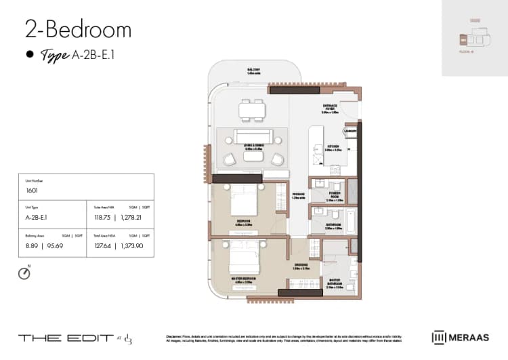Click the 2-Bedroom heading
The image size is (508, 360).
[78, 30]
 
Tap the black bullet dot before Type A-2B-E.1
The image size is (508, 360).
[30, 56]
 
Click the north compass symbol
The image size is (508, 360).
[25, 274]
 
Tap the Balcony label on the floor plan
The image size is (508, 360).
[253, 70]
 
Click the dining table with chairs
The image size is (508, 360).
[253, 108]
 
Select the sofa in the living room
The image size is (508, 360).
[253, 136]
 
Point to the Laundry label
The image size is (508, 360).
[350, 131]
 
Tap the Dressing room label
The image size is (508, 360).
[301, 266]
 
